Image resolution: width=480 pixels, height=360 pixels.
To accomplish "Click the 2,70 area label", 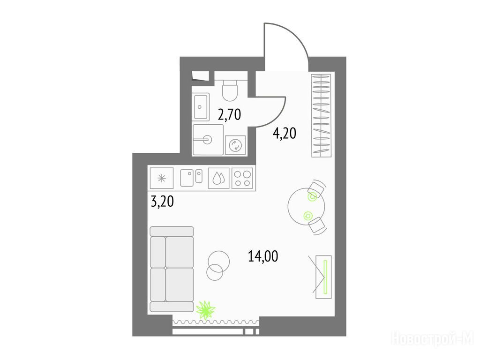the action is [229, 114].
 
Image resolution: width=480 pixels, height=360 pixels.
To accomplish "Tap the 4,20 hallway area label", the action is [285, 134].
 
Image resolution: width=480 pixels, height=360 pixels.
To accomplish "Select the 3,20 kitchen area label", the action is [162, 202].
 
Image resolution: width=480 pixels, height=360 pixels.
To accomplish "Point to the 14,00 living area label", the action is [263, 256].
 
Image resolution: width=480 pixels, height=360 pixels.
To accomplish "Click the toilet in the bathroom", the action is [230, 90].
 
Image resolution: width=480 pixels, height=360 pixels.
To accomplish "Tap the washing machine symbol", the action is [235, 145].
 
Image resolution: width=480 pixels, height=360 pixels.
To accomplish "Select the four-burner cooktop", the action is [242, 178].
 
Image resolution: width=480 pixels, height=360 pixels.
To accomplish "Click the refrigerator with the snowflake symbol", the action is [162, 178].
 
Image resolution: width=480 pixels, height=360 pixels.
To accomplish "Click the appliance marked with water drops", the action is [218, 178].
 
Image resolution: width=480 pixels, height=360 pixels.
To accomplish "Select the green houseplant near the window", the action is [206, 310].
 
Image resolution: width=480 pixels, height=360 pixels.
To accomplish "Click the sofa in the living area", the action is [172, 269].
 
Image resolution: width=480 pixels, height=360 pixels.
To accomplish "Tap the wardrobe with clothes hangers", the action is [321, 115].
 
